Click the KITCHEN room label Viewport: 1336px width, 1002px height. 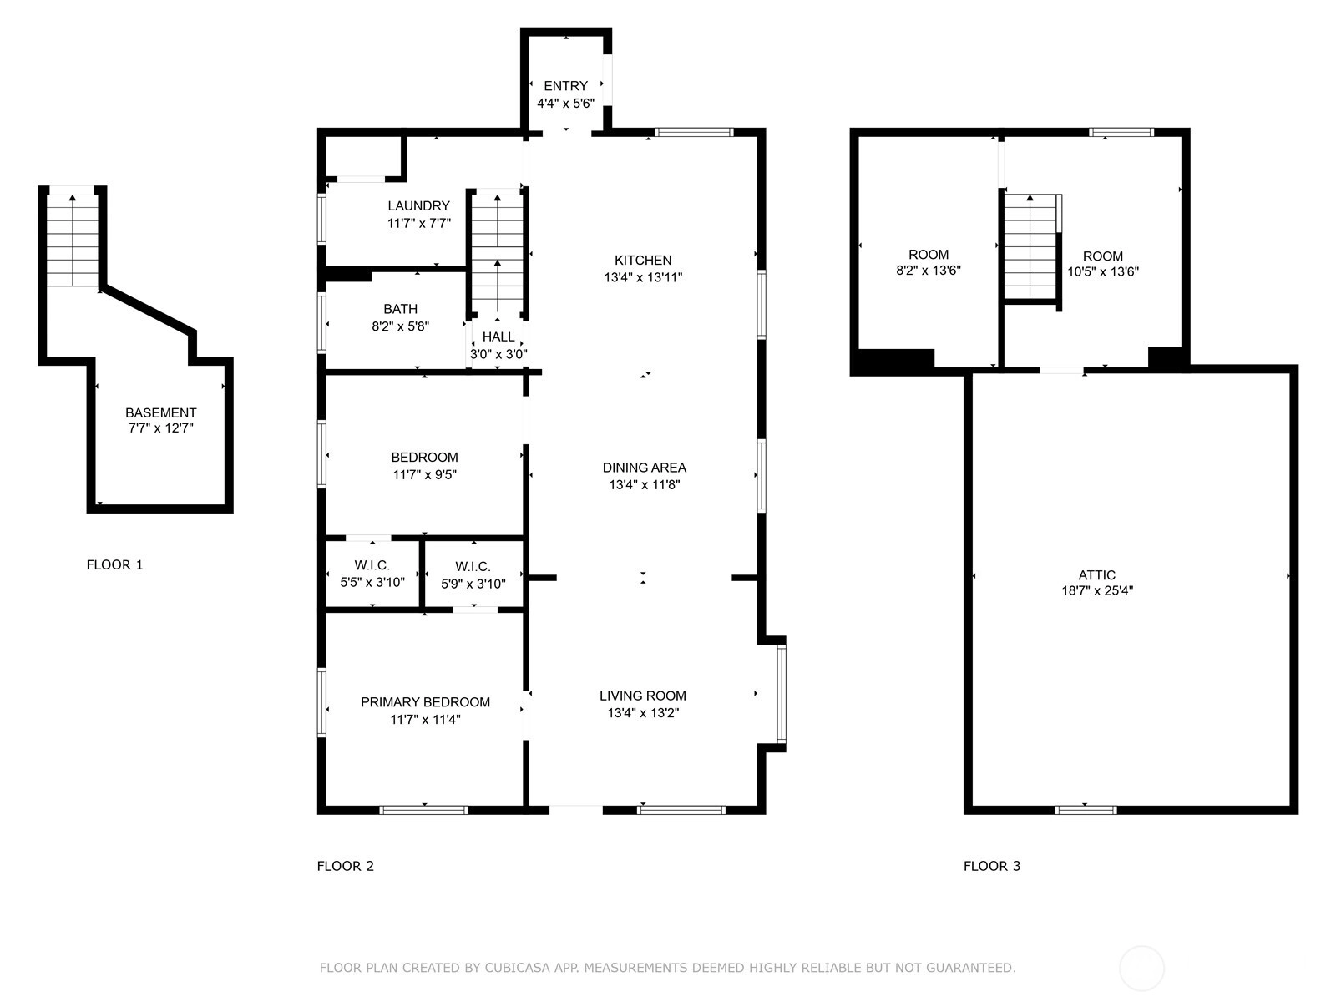point(643,261)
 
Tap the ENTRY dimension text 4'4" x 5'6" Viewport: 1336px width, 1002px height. point(565,104)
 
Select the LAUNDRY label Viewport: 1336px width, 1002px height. point(419,205)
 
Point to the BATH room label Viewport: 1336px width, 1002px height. point(401,309)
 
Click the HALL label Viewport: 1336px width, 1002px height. point(498,337)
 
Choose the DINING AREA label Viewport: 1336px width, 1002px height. point(645,468)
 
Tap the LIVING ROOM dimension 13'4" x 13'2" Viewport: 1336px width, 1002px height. point(643,712)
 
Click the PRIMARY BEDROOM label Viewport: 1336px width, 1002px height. point(426,702)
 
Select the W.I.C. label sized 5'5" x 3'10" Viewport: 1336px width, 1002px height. point(372,565)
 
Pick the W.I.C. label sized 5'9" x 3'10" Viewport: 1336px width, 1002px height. point(473,567)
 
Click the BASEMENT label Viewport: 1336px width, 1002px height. point(160,413)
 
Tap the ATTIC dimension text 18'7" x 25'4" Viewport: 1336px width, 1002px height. point(1097,590)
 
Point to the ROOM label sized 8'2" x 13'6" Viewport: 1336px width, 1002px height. point(929,255)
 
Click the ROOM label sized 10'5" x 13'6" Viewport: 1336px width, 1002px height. point(1103,256)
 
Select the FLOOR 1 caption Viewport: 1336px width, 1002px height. point(114,565)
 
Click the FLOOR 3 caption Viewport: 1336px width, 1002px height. point(992,867)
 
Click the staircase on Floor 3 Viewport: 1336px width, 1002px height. point(1030,246)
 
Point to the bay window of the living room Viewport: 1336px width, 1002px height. point(782,694)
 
